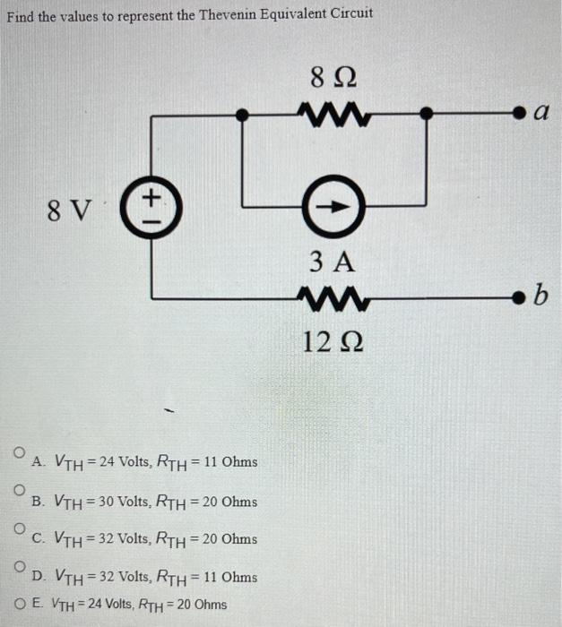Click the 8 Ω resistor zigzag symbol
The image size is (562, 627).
tap(333, 115)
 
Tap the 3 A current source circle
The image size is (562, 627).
tap(333, 204)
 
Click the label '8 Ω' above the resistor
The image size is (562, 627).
tap(332, 79)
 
